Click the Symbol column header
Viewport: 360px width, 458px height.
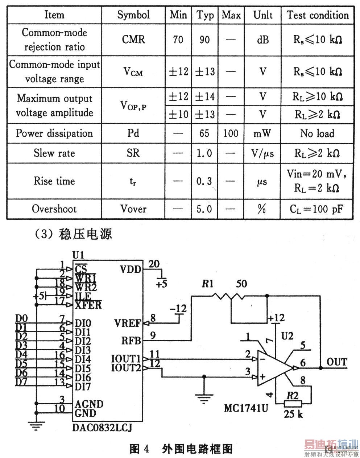[x=133, y=15]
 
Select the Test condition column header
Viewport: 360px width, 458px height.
[x=318, y=15]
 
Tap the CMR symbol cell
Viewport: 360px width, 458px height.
[x=133, y=40]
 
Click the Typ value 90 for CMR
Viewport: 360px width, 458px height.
[x=204, y=40]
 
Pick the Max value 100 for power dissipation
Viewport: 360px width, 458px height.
[x=231, y=133]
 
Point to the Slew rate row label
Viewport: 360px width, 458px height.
[x=54, y=153]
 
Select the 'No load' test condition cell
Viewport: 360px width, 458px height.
[x=317, y=133]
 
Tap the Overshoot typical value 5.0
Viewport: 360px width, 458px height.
[x=204, y=209]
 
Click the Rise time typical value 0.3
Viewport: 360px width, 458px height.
[x=204, y=181]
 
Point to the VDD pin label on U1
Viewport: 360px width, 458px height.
[x=131, y=269]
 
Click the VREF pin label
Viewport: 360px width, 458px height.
[x=128, y=323]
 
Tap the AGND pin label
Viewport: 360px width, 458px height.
[x=89, y=404]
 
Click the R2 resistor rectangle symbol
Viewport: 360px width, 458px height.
[x=293, y=403]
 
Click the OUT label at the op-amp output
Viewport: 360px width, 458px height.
[x=337, y=362]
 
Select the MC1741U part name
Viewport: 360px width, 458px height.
[x=246, y=408]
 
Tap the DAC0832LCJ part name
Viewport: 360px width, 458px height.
[x=102, y=428]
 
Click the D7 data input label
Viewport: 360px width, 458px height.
[x=21, y=382]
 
